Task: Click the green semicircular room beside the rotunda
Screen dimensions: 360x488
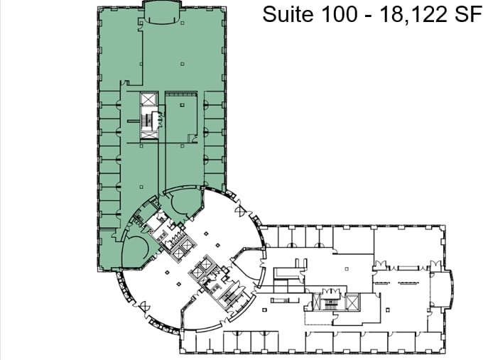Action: click(135, 249)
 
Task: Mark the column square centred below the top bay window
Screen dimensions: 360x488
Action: click(182, 65)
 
